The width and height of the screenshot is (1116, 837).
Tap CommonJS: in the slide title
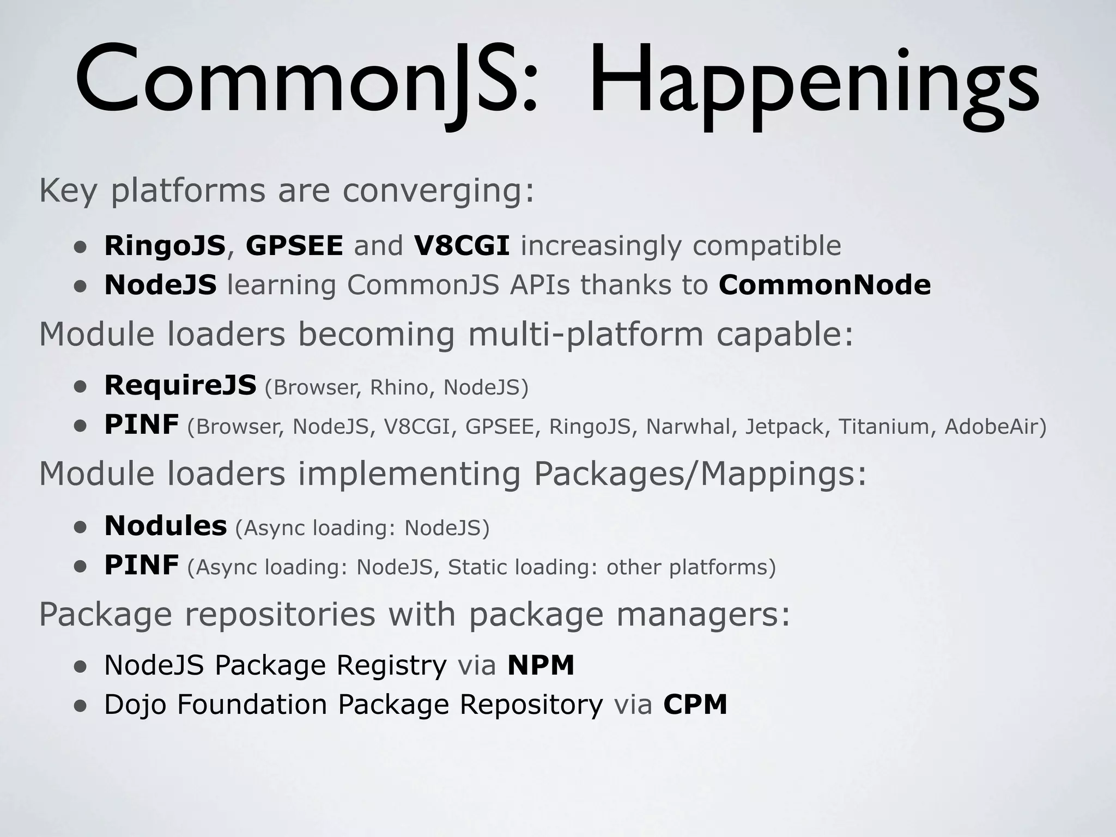pos(305,82)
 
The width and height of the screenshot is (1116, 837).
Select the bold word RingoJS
pos(165,246)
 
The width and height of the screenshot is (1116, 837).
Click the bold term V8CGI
pos(462,246)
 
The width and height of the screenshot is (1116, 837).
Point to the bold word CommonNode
pos(824,285)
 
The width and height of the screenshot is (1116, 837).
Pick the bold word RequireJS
pos(180,385)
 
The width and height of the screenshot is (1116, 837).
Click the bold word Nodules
pos(165,526)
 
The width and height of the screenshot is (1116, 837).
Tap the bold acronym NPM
pos(541,665)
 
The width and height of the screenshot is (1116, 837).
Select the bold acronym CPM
pos(695,704)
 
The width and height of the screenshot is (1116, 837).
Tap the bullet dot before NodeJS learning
pos(81,286)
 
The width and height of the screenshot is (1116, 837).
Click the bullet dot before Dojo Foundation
pos(81,706)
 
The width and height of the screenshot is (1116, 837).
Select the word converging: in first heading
pos(438,191)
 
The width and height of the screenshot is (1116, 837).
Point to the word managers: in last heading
pos(703,614)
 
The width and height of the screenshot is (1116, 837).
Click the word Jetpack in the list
pos(785,427)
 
